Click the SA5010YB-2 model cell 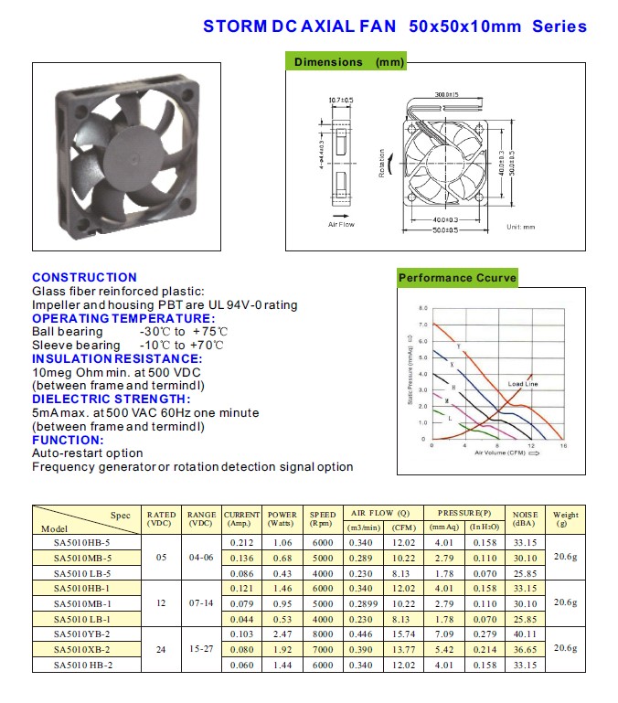[82, 634]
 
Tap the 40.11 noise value [525, 634]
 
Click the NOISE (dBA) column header [525, 519]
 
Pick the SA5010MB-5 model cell [82, 558]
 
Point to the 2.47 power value [282, 634]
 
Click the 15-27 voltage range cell [200, 649]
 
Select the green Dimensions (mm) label [346, 62]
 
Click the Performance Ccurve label [457, 278]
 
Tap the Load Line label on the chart [524, 384]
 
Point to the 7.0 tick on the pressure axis [422, 325]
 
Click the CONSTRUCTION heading [84, 277]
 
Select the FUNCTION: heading [69, 440]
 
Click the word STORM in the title [235, 26]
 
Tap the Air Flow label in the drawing [341, 224]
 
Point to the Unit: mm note [520, 225]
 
